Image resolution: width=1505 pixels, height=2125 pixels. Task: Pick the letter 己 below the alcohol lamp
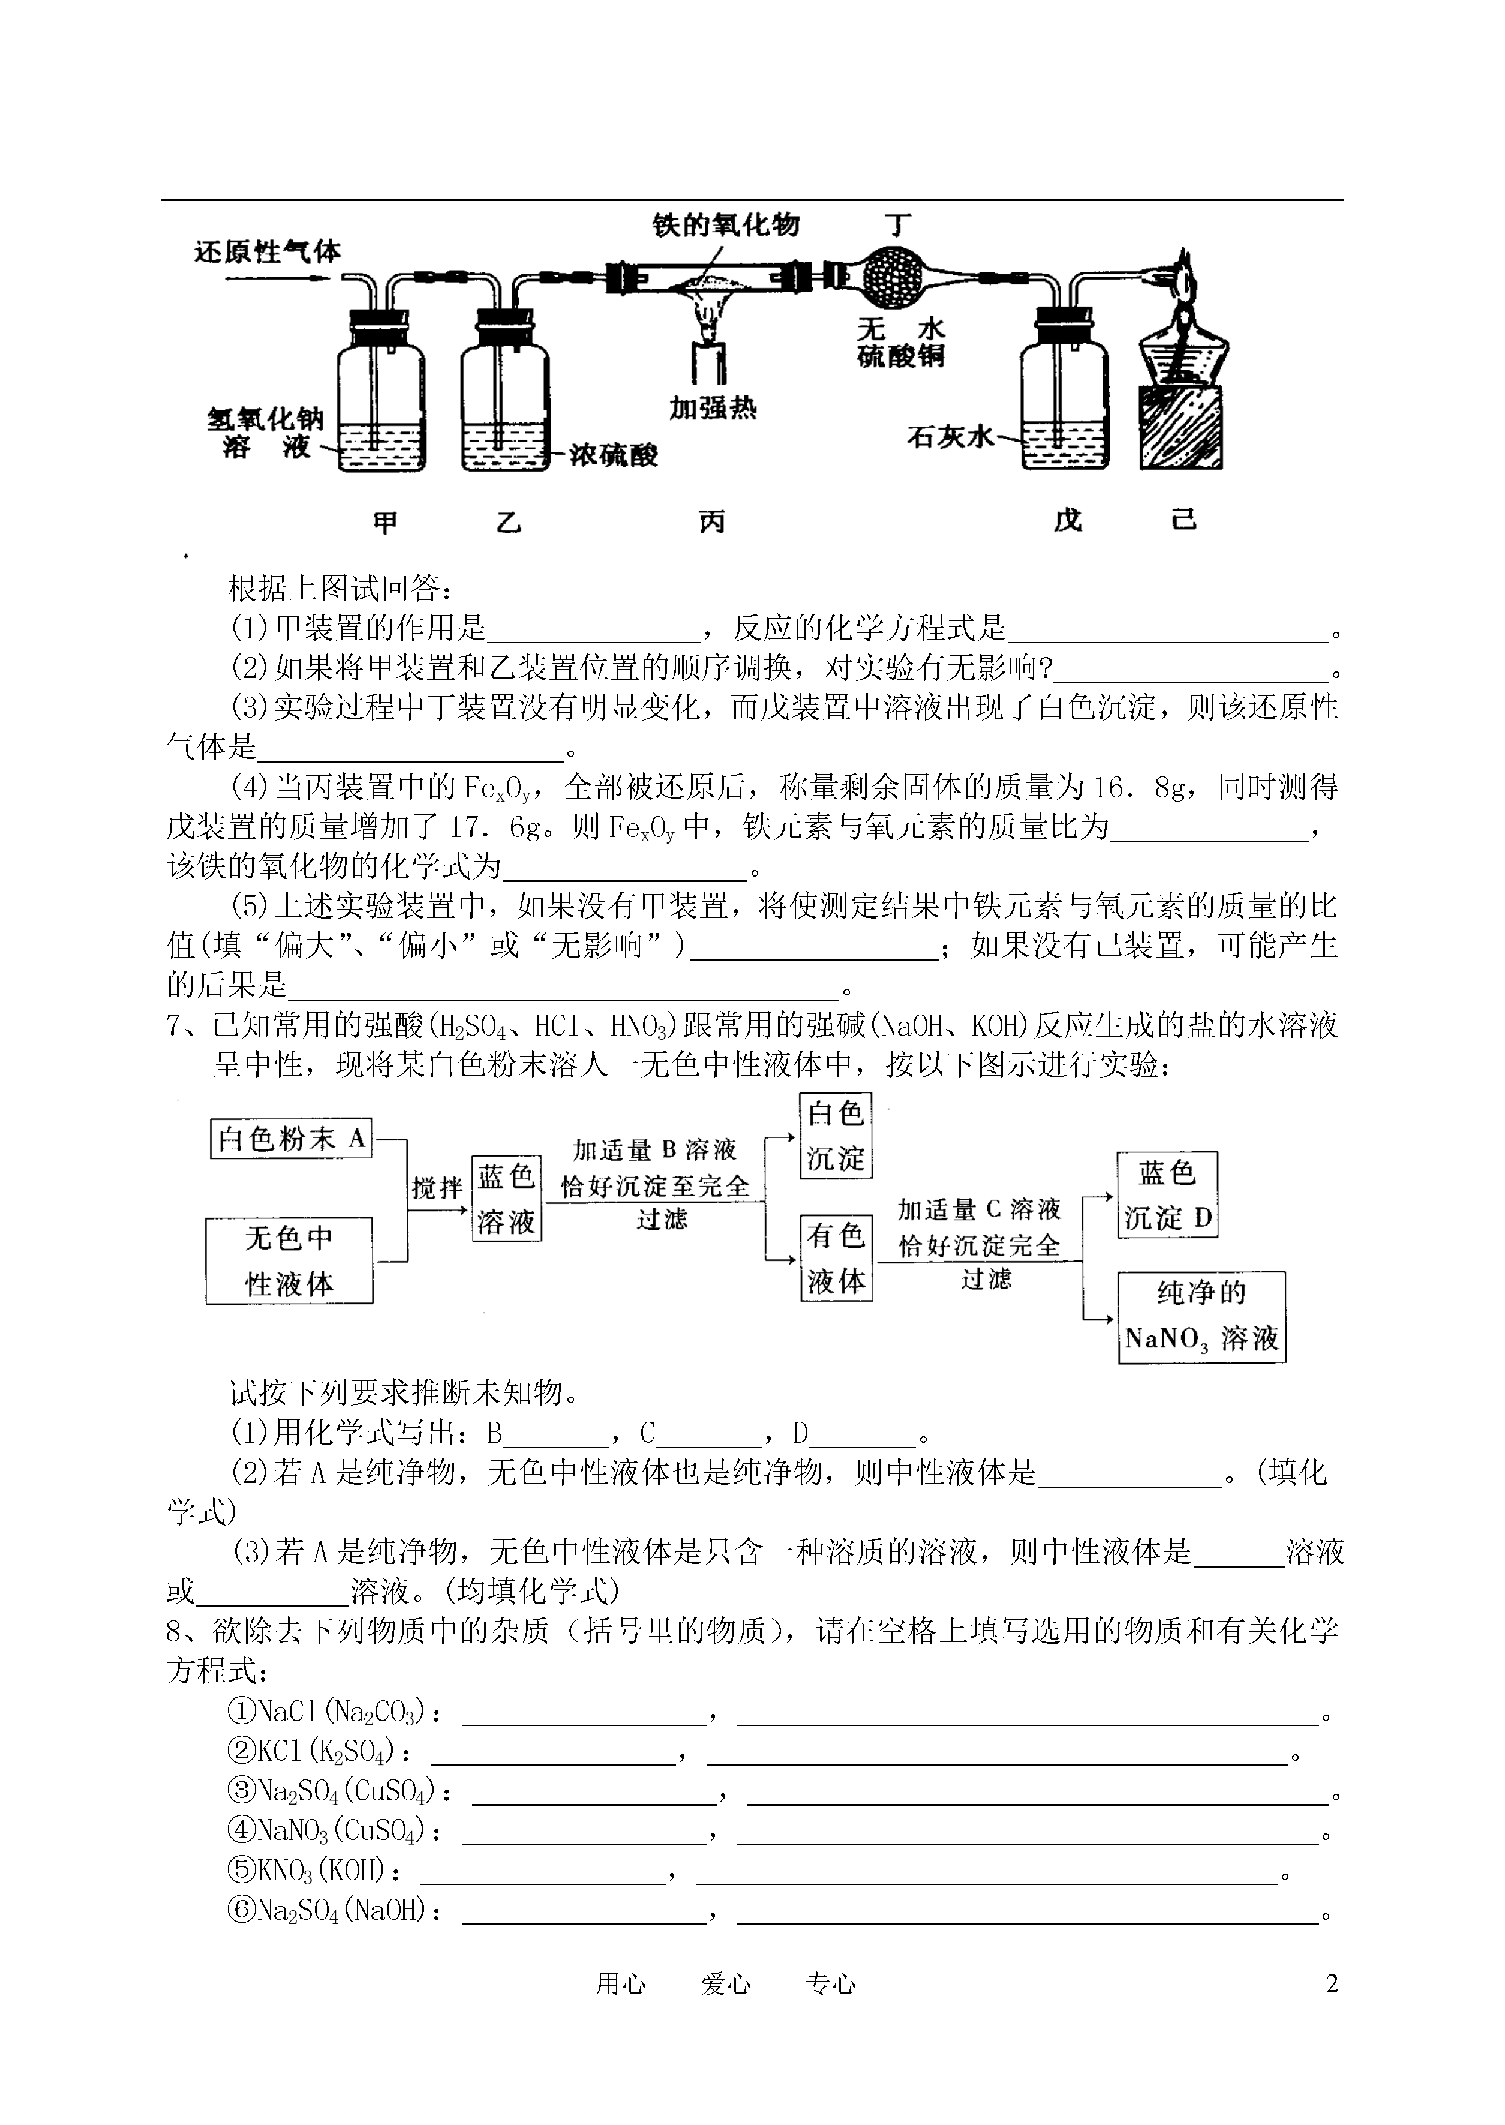tap(1183, 520)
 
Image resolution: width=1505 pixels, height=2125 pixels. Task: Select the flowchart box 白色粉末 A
tap(291, 1138)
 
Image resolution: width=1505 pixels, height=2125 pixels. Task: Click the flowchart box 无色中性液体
tap(289, 1260)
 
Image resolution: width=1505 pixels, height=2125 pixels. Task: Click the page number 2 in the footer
tap(1332, 1983)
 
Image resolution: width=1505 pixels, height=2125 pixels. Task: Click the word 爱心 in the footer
tap(726, 1984)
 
